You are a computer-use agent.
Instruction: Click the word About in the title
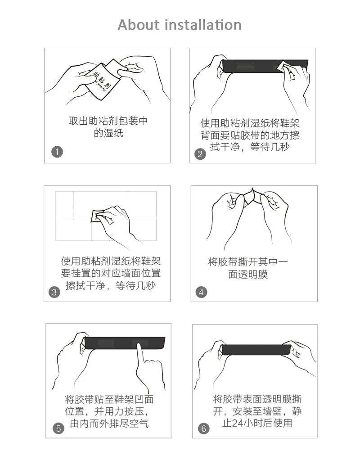[139, 25]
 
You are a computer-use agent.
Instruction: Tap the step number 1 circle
[57, 152]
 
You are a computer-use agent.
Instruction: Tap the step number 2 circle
[200, 154]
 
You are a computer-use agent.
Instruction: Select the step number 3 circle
[54, 292]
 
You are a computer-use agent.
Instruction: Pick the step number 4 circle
[201, 292]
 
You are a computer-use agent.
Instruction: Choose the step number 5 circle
[58, 428]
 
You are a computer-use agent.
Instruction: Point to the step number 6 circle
[203, 428]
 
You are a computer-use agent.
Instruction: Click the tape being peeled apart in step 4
[252, 196]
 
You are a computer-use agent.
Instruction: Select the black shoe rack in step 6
[256, 350]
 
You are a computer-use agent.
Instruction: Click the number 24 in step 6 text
[237, 423]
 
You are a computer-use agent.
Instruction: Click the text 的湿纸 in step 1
[108, 133]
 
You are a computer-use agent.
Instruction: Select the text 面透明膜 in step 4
[248, 274]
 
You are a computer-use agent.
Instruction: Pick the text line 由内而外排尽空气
[109, 424]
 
